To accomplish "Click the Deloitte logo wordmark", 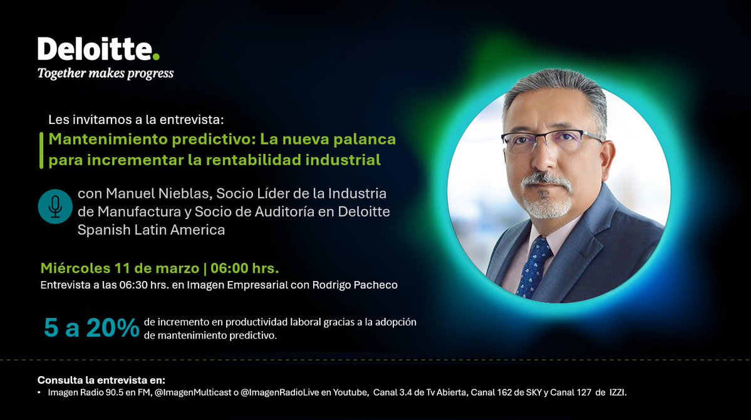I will (94, 49).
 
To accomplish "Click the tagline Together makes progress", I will (105, 74).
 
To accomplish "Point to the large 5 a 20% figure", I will (91, 329).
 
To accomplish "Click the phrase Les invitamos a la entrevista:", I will (135, 119).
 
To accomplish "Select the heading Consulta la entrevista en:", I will (101, 381).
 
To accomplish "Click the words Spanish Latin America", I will (151, 230).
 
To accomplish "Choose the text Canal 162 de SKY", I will (510, 392).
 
